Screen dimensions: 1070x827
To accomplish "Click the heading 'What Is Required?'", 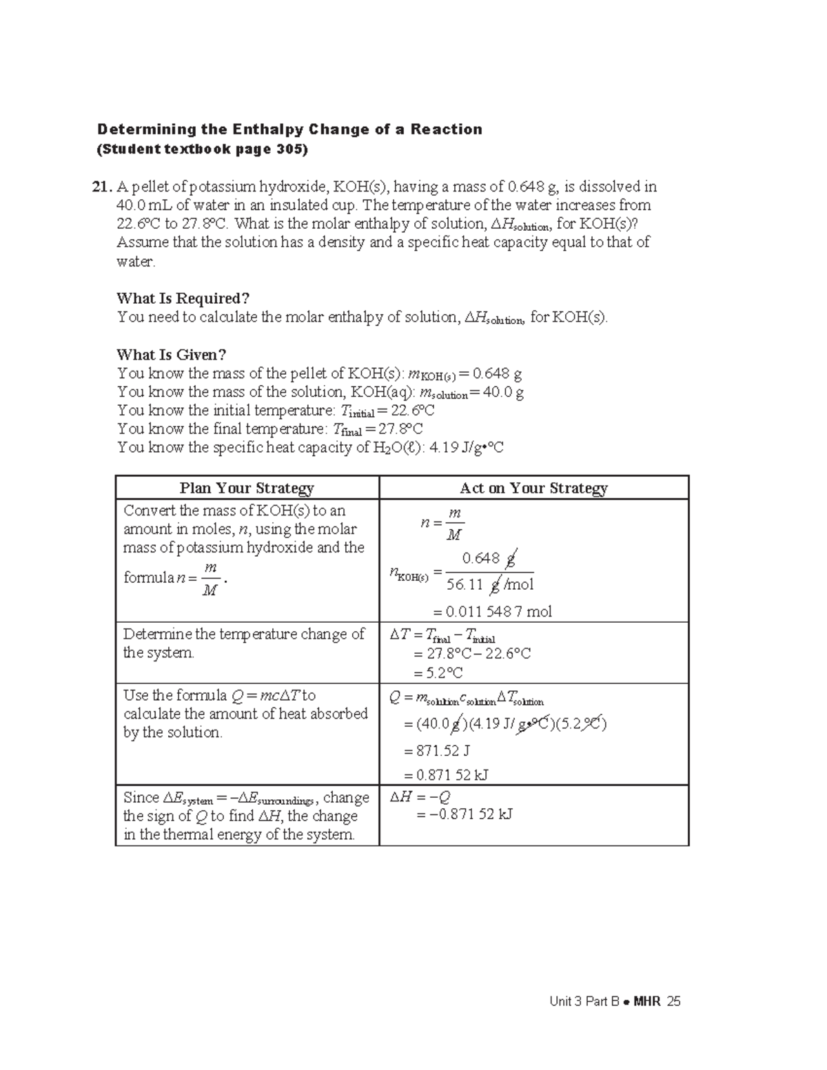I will tap(183, 298).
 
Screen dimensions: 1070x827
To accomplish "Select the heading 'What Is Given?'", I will tap(171, 355).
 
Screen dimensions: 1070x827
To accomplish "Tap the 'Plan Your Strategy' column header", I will tap(247, 488).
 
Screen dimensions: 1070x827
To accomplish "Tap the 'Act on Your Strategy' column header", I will tap(533, 488).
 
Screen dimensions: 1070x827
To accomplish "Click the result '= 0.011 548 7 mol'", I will tap(491, 612).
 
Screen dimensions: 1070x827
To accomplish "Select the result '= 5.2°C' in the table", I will tap(438, 672).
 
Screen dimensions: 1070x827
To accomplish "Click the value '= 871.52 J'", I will tap(441, 751).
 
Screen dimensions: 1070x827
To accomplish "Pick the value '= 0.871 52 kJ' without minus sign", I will tap(450, 774).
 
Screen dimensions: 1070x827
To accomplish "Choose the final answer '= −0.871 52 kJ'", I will tap(464, 814).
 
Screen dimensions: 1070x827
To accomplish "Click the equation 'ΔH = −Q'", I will tap(420, 797).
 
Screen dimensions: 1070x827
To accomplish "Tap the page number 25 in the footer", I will tap(673, 1002).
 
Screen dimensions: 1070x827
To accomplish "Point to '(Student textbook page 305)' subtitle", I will tap(203, 150).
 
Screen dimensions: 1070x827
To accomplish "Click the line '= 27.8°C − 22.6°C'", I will tap(472, 653).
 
